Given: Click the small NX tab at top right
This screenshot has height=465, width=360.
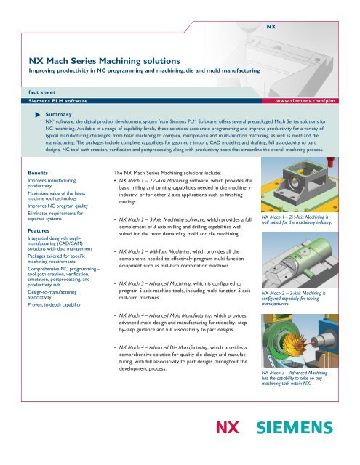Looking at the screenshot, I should pos(270,25).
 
